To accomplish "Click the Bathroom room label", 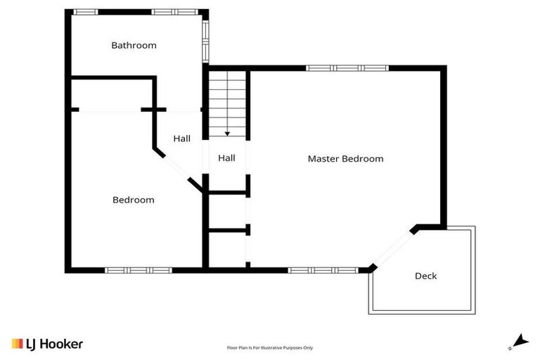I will (134, 46).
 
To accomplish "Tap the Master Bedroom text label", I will (345, 159).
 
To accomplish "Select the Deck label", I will (425, 276).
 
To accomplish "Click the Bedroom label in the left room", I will (133, 200).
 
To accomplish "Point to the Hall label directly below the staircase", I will (226, 159).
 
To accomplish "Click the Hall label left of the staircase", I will (182, 139).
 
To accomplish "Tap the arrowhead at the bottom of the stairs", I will (227, 133).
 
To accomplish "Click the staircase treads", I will (227, 98).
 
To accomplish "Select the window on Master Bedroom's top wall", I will (347, 68).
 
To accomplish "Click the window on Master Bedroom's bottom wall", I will (323, 270).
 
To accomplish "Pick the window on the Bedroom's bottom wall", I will (139, 270).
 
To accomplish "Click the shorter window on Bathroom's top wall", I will (86, 12).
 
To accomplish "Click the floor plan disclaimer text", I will (270, 347).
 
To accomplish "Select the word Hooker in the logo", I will (61, 344).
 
